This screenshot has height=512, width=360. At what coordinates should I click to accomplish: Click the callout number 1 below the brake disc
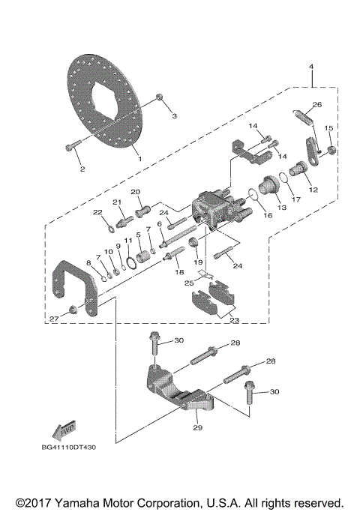click(137, 158)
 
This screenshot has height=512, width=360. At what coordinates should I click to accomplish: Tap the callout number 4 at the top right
click(310, 67)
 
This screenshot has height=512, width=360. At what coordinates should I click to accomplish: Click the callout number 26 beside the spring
click(316, 104)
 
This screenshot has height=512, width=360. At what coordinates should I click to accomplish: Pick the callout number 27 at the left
click(53, 319)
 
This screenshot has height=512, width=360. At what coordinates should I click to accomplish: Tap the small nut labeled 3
click(160, 98)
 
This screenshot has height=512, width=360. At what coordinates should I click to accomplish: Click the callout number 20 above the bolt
click(136, 192)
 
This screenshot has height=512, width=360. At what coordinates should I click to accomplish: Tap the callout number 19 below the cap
click(197, 262)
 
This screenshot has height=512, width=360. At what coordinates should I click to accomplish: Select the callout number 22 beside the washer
click(97, 213)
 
